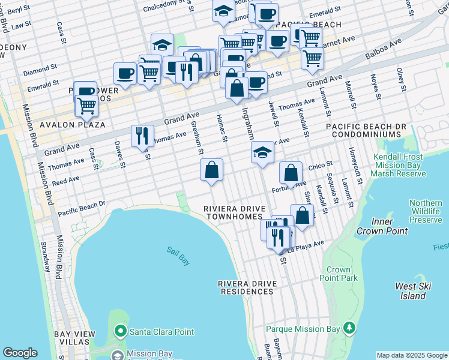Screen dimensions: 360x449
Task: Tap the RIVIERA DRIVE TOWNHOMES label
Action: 234,212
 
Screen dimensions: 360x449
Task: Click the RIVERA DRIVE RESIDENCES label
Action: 246,287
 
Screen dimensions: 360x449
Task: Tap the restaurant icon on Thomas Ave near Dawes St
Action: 142,135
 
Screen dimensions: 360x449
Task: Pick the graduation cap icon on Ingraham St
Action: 262,153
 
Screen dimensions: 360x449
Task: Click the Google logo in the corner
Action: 20,353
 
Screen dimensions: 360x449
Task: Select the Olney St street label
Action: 400,78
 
